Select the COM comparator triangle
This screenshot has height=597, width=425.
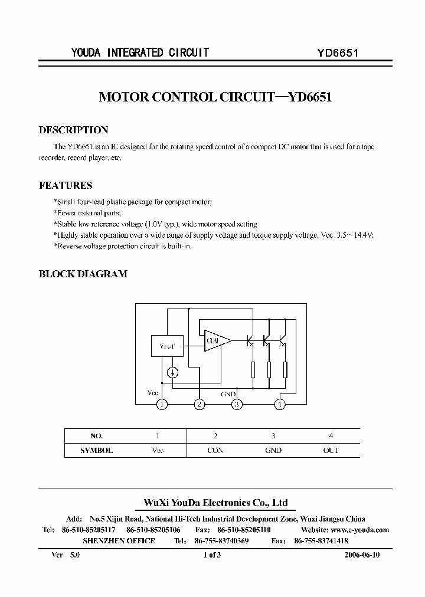click(x=215, y=340)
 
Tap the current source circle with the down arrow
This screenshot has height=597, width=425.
click(x=172, y=372)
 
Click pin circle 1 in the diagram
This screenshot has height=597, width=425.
click(x=162, y=404)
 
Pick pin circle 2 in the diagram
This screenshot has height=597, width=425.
click(x=200, y=404)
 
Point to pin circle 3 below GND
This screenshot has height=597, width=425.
click(x=237, y=404)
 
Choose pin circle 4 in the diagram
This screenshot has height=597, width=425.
click(x=280, y=404)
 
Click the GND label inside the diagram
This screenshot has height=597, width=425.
click(x=228, y=393)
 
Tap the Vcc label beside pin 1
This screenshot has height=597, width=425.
click(x=152, y=393)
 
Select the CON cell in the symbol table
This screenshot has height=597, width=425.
click(x=215, y=450)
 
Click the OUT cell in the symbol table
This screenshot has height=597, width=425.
click(x=331, y=450)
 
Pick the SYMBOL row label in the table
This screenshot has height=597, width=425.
click(x=96, y=450)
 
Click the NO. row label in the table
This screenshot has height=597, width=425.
click(x=96, y=436)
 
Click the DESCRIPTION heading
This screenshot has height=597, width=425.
click(x=73, y=130)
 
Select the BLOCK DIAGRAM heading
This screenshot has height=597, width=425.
click(x=83, y=274)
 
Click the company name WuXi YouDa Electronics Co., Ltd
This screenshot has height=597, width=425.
click(x=215, y=503)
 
